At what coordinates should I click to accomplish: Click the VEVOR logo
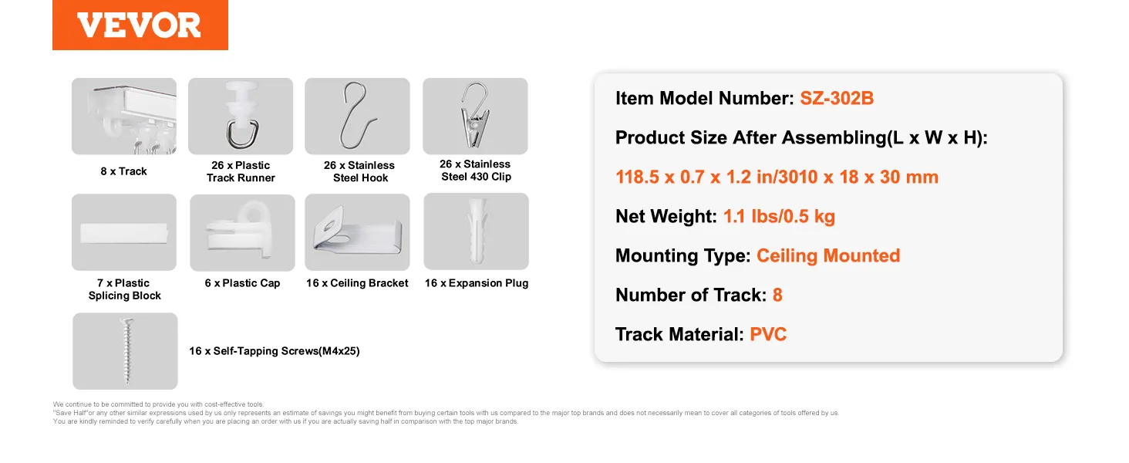(x=140, y=25)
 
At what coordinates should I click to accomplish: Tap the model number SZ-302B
(x=837, y=98)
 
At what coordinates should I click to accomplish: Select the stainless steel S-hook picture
(x=357, y=116)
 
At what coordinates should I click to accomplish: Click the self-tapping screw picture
(x=125, y=351)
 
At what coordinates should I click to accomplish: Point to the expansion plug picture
(x=477, y=231)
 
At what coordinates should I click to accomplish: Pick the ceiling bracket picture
(x=357, y=232)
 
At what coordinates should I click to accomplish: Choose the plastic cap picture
(x=242, y=232)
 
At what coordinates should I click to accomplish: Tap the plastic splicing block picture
(x=124, y=232)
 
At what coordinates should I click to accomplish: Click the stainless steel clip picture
(x=475, y=116)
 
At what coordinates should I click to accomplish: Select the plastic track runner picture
(x=241, y=116)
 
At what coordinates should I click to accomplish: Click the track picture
(x=124, y=116)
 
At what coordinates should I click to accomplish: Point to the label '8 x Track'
(x=123, y=171)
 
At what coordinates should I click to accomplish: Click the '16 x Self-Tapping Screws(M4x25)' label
(x=275, y=351)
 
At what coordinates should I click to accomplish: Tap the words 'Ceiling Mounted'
(x=828, y=255)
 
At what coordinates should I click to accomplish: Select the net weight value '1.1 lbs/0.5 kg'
(x=779, y=216)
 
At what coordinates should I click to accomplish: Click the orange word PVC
(x=768, y=334)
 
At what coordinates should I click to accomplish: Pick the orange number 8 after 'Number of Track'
(x=777, y=295)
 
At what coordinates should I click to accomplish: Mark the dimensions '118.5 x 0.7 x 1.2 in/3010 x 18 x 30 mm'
(x=777, y=177)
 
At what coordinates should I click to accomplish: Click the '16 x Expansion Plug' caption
(x=477, y=283)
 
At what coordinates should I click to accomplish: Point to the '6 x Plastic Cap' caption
(x=242, y=283)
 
